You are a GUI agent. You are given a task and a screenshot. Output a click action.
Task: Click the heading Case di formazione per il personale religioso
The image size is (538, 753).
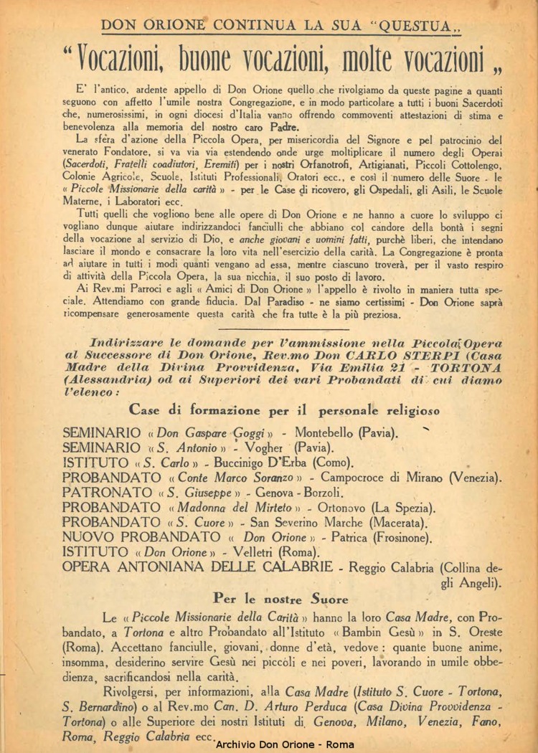[x=285, y=410]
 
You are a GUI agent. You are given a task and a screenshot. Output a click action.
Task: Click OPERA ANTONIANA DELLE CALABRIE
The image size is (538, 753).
[x=197, y=567]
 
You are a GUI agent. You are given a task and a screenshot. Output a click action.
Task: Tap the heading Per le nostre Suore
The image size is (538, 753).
[x=280, y=598]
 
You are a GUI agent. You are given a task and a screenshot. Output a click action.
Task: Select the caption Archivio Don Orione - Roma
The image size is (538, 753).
[x=285, y=745]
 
